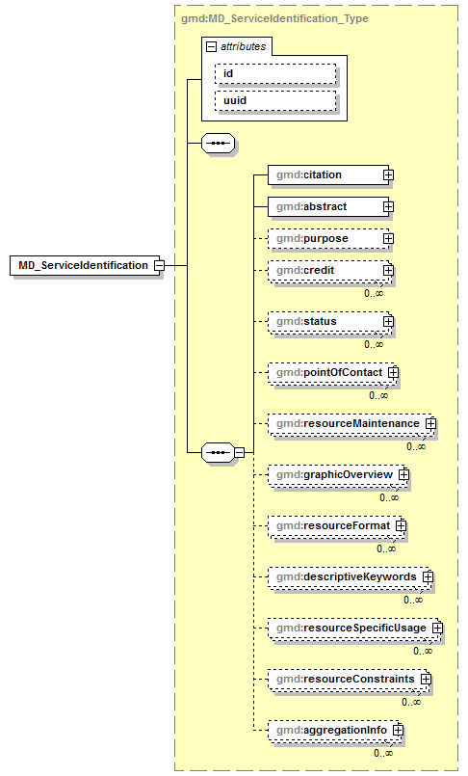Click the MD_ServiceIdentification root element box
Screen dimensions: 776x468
[82, 265]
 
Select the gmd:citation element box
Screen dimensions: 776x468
[325, 174]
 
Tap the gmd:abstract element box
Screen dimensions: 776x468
[325, 206]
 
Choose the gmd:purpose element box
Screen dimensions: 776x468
[325, 238]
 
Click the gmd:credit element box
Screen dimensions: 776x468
[325, 271]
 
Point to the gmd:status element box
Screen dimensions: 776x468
[325, 321]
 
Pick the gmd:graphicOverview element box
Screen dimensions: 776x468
[333, 474]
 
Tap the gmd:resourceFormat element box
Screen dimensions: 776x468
[331, 525]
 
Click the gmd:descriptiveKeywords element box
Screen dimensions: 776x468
[345, 576]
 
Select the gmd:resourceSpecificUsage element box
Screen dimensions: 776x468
[350, 628]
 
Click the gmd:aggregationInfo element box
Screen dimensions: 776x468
[329, 731]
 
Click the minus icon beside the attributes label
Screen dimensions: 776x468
[211, 45]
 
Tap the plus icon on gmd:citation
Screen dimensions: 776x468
[388, 174]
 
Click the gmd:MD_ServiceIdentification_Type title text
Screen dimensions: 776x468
[273, 18]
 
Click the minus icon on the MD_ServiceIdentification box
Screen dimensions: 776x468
[159, 265]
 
